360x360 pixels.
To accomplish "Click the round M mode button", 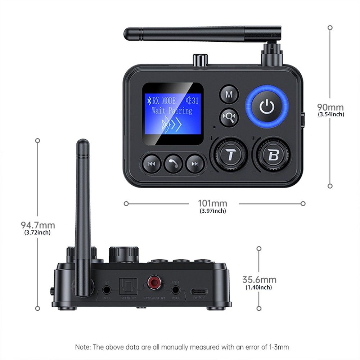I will pos(229,95).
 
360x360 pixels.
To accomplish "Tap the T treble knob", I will pos(230,155).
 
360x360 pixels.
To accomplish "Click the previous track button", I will pos(152,164).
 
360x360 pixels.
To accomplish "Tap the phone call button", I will pos(173,164).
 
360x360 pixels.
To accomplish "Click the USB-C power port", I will pos(199,291).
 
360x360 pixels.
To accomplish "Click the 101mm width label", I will pos(213,204).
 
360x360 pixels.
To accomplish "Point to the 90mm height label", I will pos(330,107).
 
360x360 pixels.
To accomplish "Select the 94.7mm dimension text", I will pos(38,225).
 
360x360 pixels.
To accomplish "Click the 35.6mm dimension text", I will pos(259,280).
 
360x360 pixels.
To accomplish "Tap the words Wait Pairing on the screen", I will pos(172,110).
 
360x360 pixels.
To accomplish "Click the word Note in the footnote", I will pos(82,347).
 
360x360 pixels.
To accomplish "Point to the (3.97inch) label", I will pos(213,211).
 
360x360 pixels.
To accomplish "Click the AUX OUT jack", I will pos(175,289).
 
